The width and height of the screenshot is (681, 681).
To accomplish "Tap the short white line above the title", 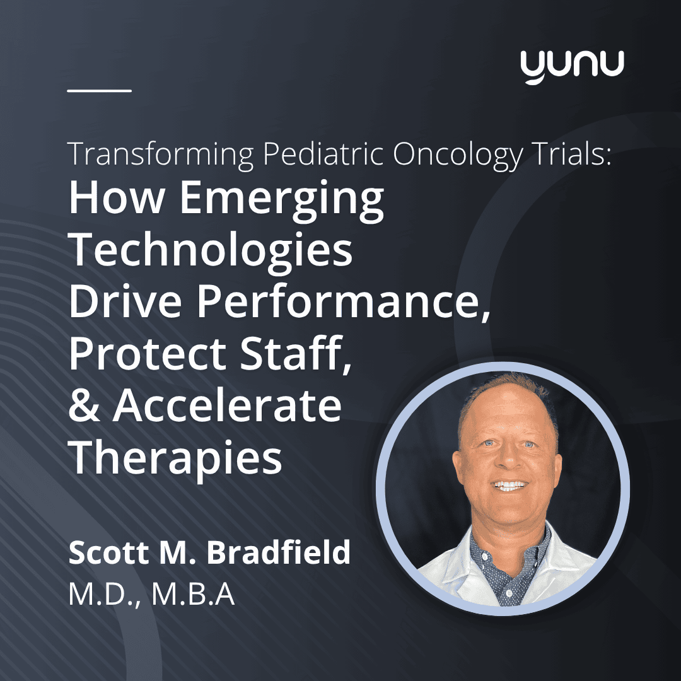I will (x=100, y=90).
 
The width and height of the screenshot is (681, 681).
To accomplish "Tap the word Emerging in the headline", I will (x=282, y=199).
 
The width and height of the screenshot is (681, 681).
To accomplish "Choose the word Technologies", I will (x=211, y=250).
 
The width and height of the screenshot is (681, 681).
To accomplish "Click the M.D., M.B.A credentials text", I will (x=151, y=595).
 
